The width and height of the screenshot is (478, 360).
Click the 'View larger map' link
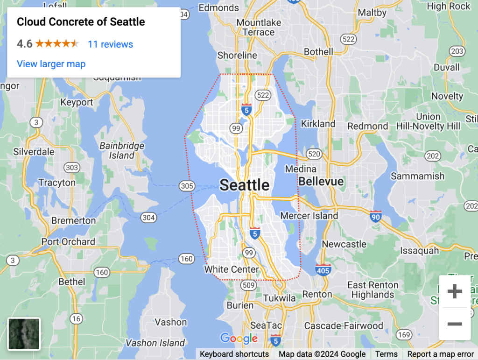[x=51, y=64]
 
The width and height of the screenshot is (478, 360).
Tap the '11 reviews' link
[x=110, y=44]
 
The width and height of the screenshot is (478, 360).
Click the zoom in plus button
[x=454, y=292]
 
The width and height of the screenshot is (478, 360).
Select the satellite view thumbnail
[x=24, y=334]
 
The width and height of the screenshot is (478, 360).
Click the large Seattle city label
[x=244, y=185]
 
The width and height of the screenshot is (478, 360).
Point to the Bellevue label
[x=321, y=181]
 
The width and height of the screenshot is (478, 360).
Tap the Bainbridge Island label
[x=122, y=151]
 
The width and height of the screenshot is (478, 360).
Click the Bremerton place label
[x=73, y=220]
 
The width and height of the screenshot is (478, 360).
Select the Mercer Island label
[x=309, y=216]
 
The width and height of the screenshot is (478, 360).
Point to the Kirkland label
[x=318, y=124]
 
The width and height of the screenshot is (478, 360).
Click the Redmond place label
[x=367, y=126]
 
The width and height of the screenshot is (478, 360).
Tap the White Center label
[x=232, y=269]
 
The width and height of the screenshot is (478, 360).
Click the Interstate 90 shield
[x=375, y=216]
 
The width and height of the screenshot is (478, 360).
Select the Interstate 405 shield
[x=323, y=269]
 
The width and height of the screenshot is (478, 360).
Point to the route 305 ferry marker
[x=186, y=186]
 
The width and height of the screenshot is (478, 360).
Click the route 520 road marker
[x=314, y=154]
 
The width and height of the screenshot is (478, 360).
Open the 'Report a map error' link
[x=440, y=354]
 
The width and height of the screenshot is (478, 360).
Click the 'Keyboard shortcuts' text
[x=234, y=354]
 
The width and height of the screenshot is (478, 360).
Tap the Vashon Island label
[x=155, y=343]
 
